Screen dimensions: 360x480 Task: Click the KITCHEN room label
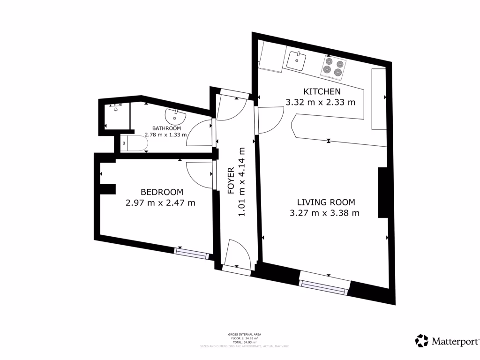[x=321, y=91]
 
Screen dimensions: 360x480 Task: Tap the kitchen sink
[x=297, y=60]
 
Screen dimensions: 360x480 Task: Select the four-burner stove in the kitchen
[x=333, y=67]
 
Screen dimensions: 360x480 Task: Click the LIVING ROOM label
[x=326, y=202]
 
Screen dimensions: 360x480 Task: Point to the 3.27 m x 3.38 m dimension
[x=325, y=214]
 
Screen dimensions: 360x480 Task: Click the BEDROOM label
[x=162, y=192]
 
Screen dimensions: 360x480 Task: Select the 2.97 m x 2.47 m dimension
[x=160, y=203]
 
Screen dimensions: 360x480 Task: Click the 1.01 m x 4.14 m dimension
[x=242, y=182]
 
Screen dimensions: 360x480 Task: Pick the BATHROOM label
[x=166, y=128]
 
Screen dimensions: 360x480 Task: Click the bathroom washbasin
[x=176, y=114]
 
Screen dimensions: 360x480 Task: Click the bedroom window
[x=191, y=253]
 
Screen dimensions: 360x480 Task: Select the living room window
[x=324, y=285]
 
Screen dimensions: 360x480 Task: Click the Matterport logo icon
[x=421, y=341]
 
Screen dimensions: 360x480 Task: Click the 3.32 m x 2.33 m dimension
[x=321, y=102]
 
